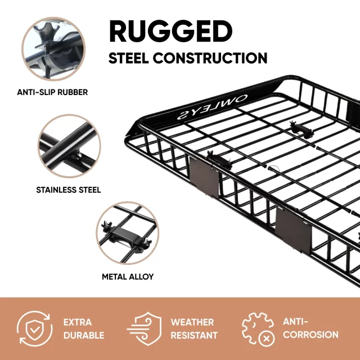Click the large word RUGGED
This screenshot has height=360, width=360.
click(171, 31)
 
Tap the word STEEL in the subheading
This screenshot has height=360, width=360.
click(129, 58)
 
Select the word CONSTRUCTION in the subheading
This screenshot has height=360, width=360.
click(210, 58)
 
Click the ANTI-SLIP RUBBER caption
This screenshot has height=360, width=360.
click(52, 92)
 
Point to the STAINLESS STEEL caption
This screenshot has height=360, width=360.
click(69, 190)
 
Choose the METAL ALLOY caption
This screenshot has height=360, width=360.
click(128, 277)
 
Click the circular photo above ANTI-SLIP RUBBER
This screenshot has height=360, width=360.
click(53, 49)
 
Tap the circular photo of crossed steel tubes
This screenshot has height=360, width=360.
click(69, 146)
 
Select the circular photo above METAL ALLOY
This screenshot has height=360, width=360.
click(128, 233)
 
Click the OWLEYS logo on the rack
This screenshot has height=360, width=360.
click(213, 107)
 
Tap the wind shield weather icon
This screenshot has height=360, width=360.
click(144, 328)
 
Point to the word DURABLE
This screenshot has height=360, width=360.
click(84, 335)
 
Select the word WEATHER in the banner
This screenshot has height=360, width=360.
click(192, 322)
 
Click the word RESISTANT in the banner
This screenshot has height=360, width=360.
click(194, 335)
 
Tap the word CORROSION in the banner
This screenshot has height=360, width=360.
click(310, 335)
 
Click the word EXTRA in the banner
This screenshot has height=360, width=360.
click(78, 322)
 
